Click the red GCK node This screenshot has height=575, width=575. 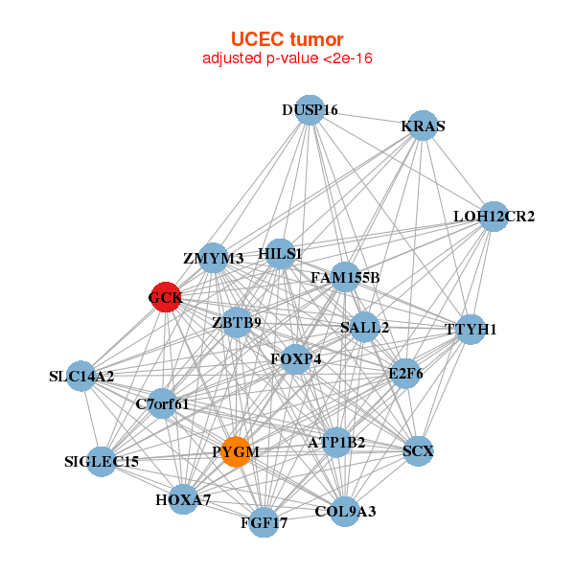[x=165, y=297]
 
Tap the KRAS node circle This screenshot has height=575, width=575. [x=423, y=126]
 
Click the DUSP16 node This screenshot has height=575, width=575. [x=309, y=110]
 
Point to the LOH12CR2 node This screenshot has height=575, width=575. [x=494, y=217]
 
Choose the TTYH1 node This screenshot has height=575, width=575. [x=471, y=330]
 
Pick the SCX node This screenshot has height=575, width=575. [x=418, y=450]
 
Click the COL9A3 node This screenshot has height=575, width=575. [x=345, y=511]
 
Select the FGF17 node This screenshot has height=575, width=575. [x=264, y=523]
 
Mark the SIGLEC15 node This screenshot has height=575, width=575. [x=102, y=462]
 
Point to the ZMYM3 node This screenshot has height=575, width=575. [x=214, y=258]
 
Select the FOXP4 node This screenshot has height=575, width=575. [x=295, y=359]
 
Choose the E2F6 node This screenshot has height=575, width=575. [x=405, y=373]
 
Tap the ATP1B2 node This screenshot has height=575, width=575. [x=336, y=443]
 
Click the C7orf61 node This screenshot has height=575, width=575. [x=163, y=403]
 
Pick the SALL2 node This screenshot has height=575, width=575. [x=364, y=328]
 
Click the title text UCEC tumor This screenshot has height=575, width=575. [x=287, y=39]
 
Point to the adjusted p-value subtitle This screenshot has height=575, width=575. [x=287, y=58]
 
